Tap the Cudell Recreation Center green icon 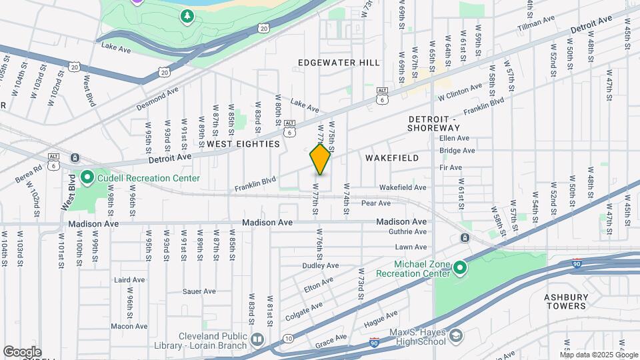pos(87,178)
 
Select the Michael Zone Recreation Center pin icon pos(459,268)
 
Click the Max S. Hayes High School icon pos(455,335)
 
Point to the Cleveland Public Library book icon pos(257,341)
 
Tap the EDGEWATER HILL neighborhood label pos(339,63)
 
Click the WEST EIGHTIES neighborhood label pos(243,144)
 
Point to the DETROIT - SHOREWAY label pos(433,123)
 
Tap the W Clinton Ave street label pos(459,93)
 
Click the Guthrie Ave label pos(411,232)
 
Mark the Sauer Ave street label pos(199,291)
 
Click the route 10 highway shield pos(287,339)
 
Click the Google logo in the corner pos(22,351)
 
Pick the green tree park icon pos(188,15)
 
